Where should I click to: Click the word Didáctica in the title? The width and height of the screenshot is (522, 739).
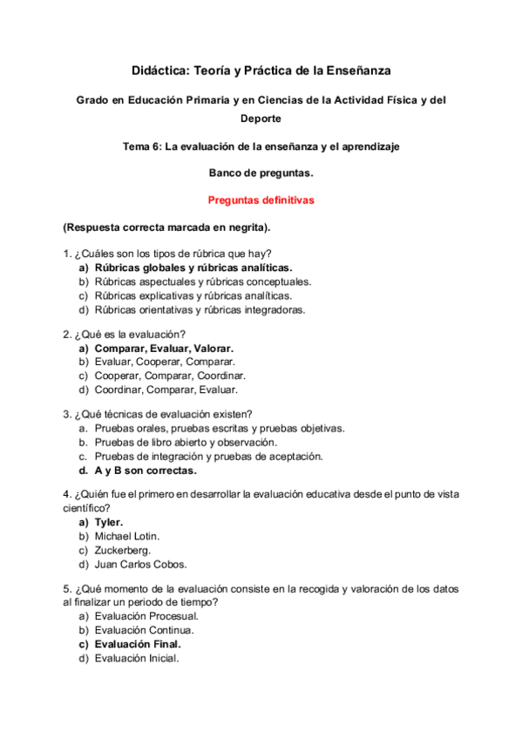[159, 69]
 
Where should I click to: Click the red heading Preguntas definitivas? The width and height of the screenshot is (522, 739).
[261, 200]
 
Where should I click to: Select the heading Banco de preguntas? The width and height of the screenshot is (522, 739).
[261, 173]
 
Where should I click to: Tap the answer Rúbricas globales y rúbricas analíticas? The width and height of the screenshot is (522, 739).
[193, 268]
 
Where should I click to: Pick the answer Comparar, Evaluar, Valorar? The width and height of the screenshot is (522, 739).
[164, 349]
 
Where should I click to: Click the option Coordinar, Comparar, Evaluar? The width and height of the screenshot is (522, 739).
[171, 390]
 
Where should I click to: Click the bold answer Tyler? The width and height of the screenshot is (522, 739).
[109, 523]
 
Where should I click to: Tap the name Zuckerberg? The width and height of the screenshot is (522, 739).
[123, 550]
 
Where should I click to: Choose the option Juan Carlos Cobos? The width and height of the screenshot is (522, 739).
[140, 564]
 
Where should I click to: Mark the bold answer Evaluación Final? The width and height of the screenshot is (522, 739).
[140, 644]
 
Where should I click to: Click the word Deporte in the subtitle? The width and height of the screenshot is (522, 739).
[261, 119]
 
